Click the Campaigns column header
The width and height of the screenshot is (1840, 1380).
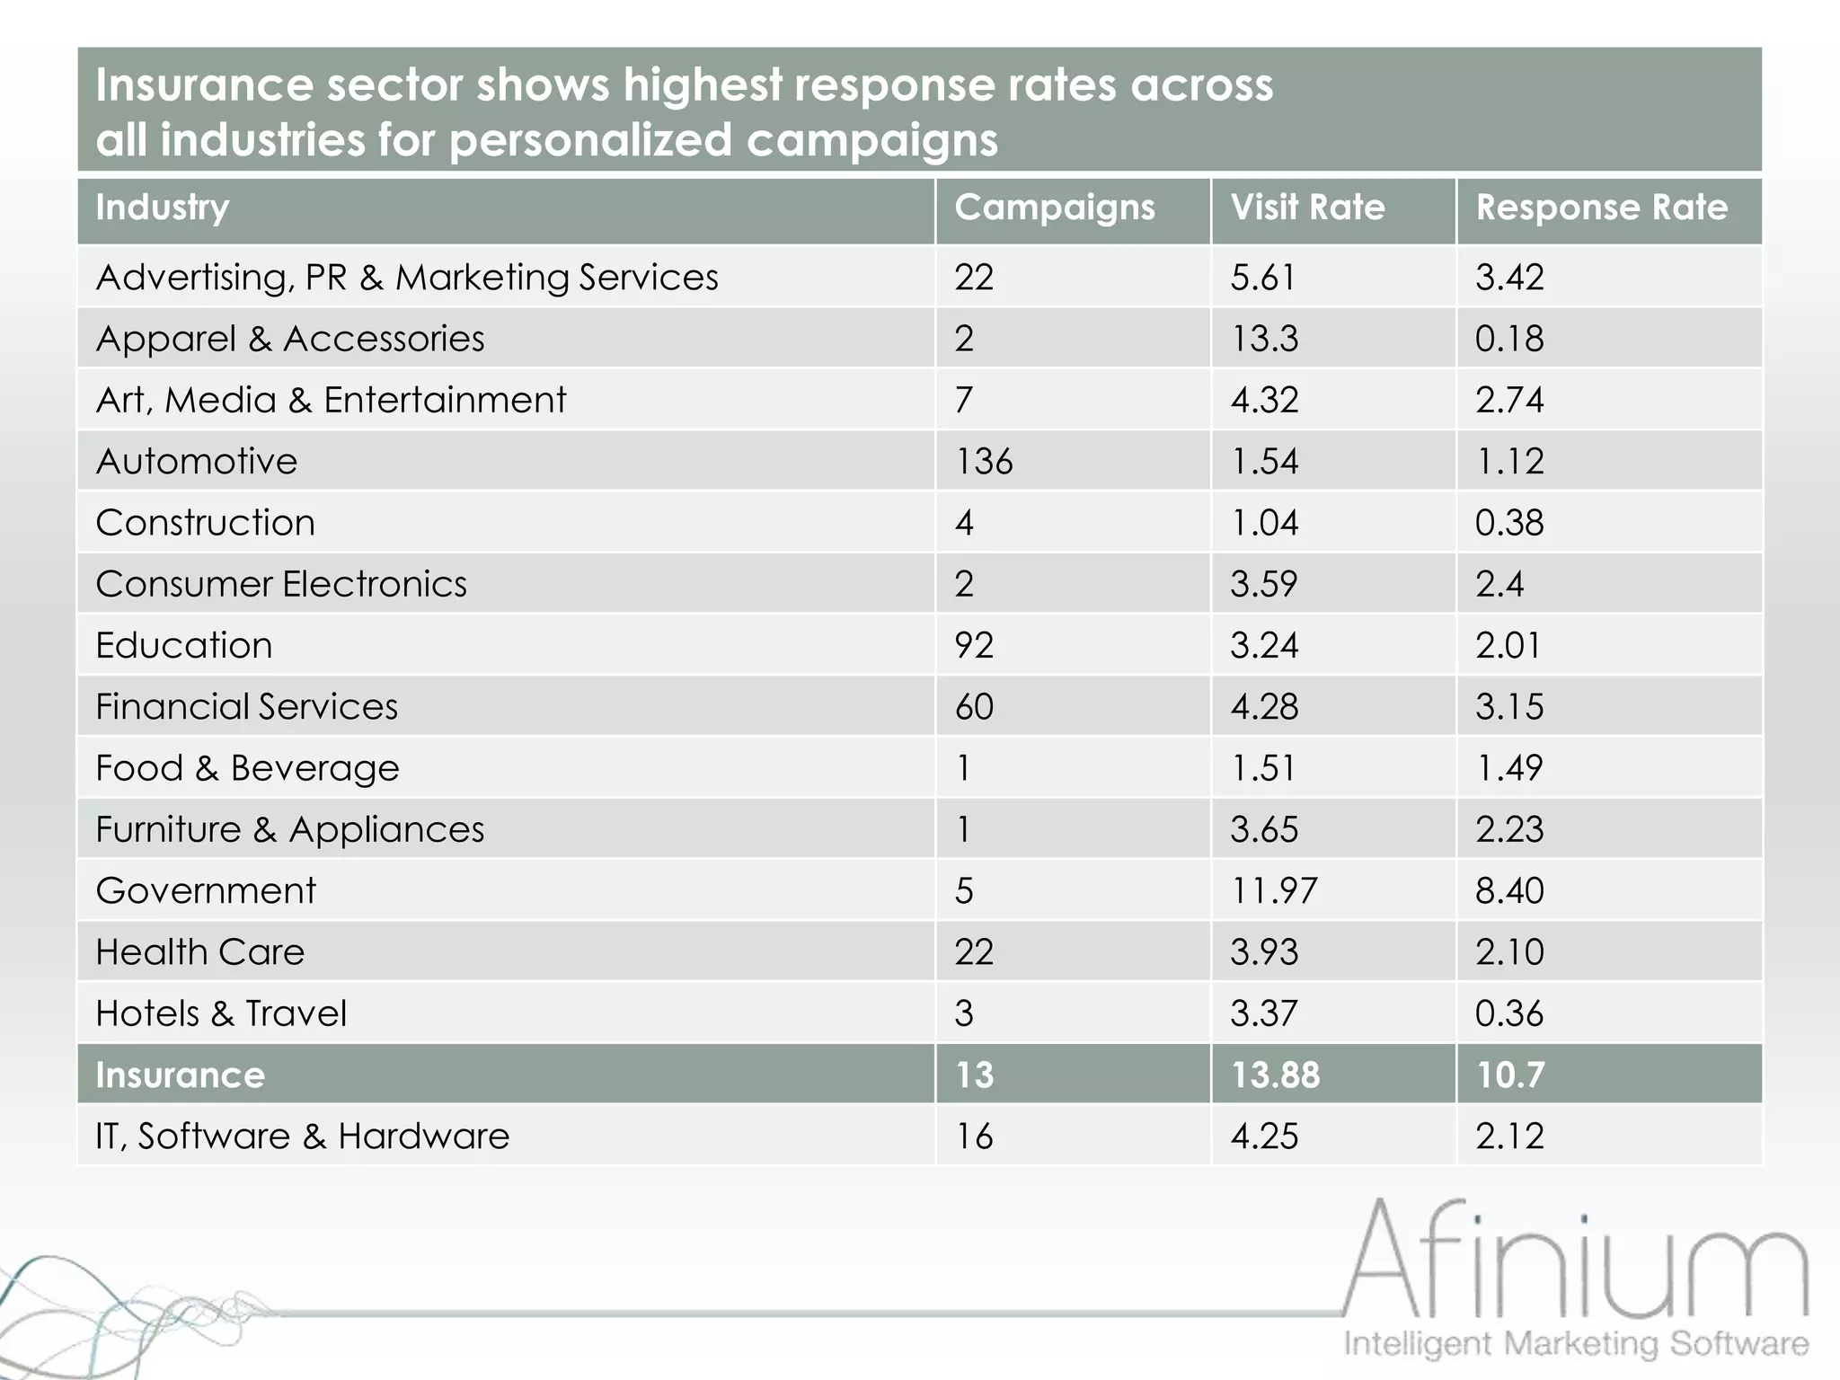(1054, 208)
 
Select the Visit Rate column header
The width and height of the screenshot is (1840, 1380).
(1307, 208)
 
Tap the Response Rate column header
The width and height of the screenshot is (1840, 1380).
(1601, 208)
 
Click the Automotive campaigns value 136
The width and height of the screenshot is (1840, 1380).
(984, 462)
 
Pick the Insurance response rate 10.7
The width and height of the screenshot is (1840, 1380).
(1510, 1075)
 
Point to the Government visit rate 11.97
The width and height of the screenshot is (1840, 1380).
(1273, 891)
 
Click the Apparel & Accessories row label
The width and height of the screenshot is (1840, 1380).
(290, 340)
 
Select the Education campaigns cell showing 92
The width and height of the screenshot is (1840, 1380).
(974, 646)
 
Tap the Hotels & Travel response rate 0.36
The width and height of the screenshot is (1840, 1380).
(1509, 1013)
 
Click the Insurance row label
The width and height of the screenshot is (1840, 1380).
(181, 1075)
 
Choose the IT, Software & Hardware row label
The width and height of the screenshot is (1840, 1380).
(303, 1137)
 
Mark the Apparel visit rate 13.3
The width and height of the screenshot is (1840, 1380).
(1264, 340)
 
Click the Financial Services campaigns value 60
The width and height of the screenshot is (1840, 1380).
(974, 707)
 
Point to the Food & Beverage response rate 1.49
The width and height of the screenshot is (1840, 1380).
(1509, 768)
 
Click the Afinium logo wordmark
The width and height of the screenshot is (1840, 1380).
(1575, 1261)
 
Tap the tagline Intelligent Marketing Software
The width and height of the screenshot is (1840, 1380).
(1576, 1344)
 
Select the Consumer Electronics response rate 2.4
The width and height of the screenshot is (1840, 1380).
(1499, 585)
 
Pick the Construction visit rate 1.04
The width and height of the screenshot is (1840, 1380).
(1264, 523)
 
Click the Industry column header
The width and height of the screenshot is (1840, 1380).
(163, 208)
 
